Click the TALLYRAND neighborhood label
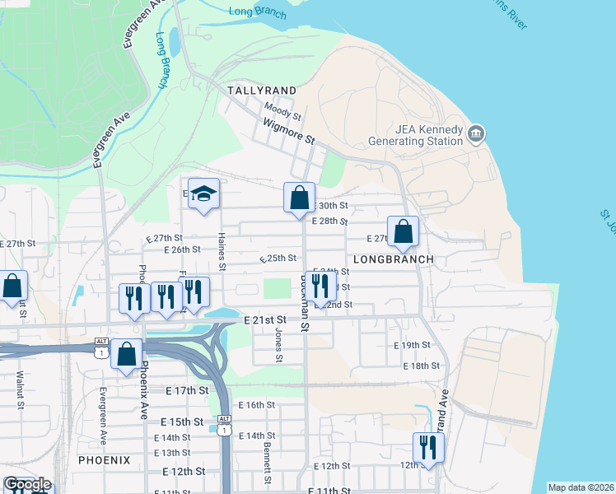pyautogui.click(x=261, y=89)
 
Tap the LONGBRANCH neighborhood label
pyautogui.click(x=393, y=259)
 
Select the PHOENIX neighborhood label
pyautogui.click(x=105, y=460)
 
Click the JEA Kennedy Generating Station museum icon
pyautogui.click(x=475, y=133)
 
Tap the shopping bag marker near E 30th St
pyautogui.click(x=298, y=198)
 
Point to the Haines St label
pyautogui.click(x=222, y=249)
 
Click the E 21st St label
pyautogui.click(x=265, y=319)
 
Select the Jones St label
pyautogui.click(x=278, y=345)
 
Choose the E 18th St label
pyautogui.click(x=422, y=366)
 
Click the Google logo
pyautogui.click(x=27, y=484)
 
